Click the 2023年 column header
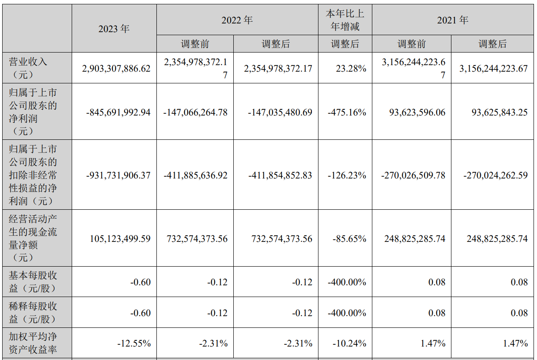point(114,29)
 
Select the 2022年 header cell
point(237,20)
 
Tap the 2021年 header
point(453,20)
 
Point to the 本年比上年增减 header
point(345,20)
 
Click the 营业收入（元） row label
point(28,68)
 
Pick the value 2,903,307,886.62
point(116,68)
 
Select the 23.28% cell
point(351,68)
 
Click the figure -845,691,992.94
point(119,112)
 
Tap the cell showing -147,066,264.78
point(196,112)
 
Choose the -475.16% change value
point(347,112)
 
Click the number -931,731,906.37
point(119,175)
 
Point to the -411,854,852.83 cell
point(280,175)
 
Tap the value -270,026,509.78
point(413,175)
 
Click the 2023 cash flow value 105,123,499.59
point(120,238)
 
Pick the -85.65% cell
point(349,238)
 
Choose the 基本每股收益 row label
point(33,282)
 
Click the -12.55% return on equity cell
point(134,343)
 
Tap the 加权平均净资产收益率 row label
point(33,343)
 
